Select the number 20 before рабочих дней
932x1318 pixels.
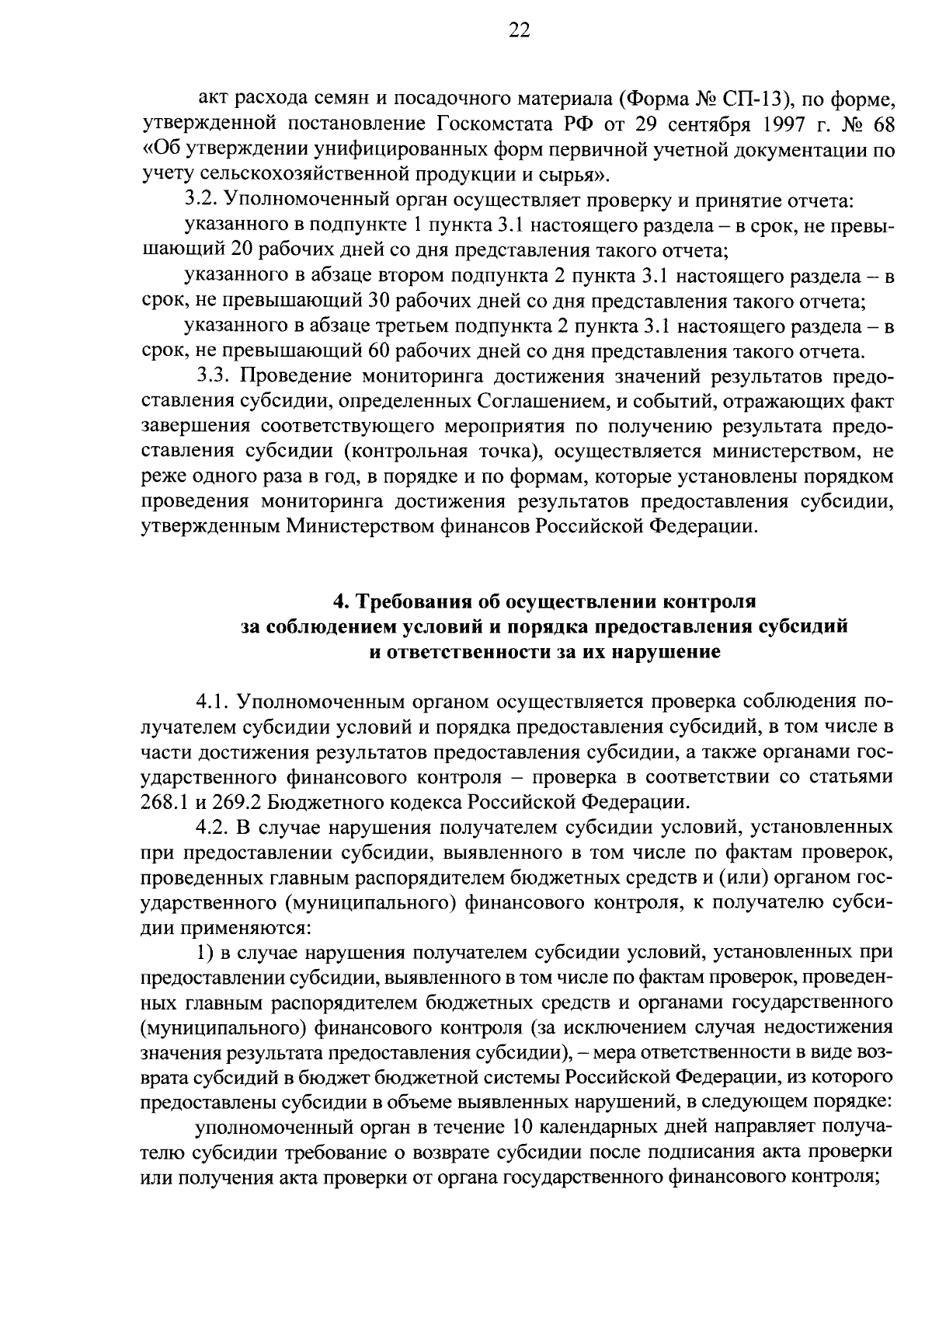[x=244, y=249]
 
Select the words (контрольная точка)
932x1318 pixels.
[x=443, y=452]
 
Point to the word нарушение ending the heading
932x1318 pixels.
[x=667, y=652]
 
